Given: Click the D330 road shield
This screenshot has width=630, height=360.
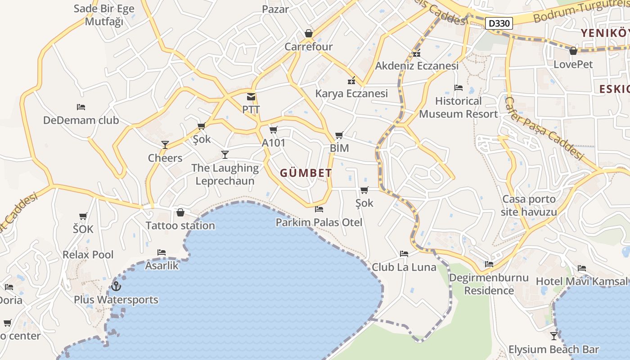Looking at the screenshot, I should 499,23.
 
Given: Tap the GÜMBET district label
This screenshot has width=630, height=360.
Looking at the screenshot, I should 306,173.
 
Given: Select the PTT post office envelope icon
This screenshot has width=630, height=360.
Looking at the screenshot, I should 251,97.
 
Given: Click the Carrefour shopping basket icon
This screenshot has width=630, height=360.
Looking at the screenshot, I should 309,33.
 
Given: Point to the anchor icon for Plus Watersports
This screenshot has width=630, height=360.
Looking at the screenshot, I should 116,286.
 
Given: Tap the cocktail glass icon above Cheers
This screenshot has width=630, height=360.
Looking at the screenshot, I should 165,144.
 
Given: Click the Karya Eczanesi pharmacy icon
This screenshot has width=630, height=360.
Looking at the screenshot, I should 351,81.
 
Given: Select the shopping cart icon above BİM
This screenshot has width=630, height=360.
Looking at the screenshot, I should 339,135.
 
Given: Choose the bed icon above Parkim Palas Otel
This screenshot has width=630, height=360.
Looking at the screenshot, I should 319,209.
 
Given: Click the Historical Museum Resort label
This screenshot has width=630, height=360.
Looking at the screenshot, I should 459,108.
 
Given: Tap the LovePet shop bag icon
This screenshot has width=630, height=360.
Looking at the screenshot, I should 573,51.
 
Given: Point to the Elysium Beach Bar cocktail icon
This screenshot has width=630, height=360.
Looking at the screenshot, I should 554,336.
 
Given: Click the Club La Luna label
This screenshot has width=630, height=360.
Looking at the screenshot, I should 404,267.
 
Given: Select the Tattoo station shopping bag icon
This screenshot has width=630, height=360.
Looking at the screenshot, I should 180,212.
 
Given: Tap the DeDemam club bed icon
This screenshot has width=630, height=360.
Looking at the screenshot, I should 81,107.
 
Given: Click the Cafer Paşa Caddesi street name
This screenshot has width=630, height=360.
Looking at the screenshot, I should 545,129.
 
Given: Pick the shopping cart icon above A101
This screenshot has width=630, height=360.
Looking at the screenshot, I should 273,130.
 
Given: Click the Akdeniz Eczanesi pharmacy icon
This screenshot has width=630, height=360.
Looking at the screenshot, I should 417,53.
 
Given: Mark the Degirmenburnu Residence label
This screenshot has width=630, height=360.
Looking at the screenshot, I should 489,284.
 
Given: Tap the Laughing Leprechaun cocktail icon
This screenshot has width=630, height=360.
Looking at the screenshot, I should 225,155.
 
